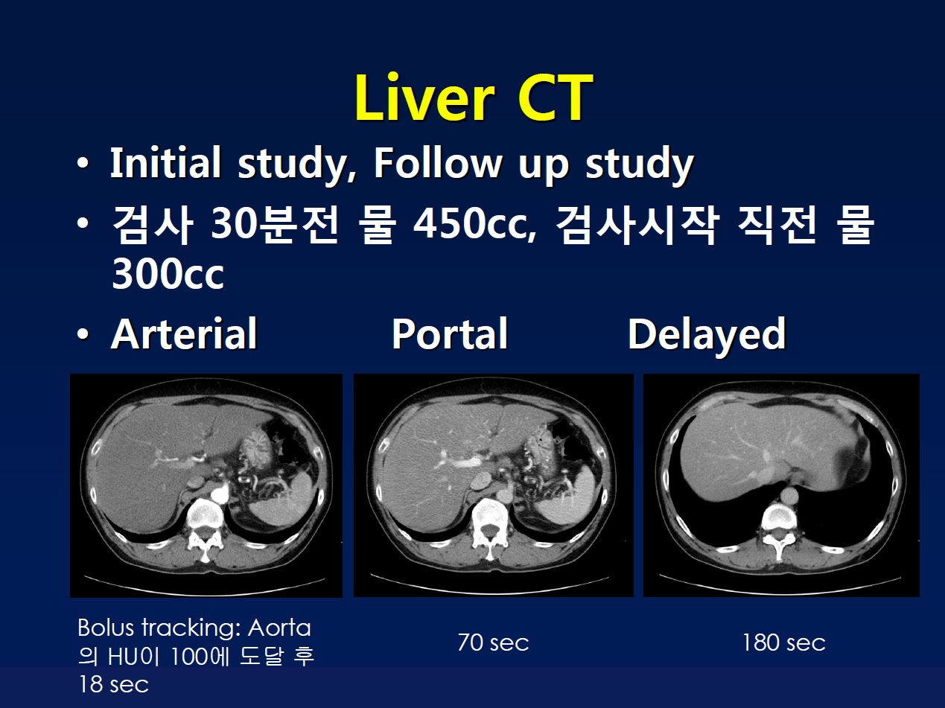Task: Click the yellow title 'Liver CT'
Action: click(x=474, y=98)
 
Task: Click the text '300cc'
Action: click(x=168, y=274)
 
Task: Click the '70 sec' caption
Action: click(x=494, y=642)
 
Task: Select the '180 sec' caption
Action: click(x=784, y=642)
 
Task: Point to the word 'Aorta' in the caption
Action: click(x=279, y=628)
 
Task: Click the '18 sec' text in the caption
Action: click(x=113, y=684)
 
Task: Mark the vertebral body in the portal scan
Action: click(x=490, y=517)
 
